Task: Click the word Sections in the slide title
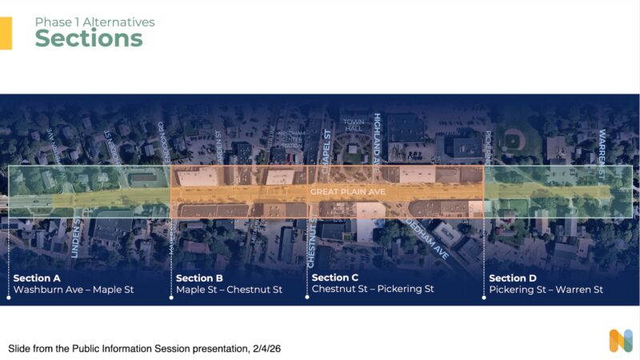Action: [88, 38]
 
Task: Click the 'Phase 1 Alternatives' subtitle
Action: [94, 22]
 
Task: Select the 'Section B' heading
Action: [199, 278]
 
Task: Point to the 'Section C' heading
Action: [335, 278]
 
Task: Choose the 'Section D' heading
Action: [513, 278]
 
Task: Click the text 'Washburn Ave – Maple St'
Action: [74, 290]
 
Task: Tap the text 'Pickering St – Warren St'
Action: [546, 290]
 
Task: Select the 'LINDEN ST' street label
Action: [76, 238]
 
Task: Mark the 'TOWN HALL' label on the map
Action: [354, 127]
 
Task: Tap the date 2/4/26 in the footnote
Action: [265, 349]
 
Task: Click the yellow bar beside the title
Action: [6, 34]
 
